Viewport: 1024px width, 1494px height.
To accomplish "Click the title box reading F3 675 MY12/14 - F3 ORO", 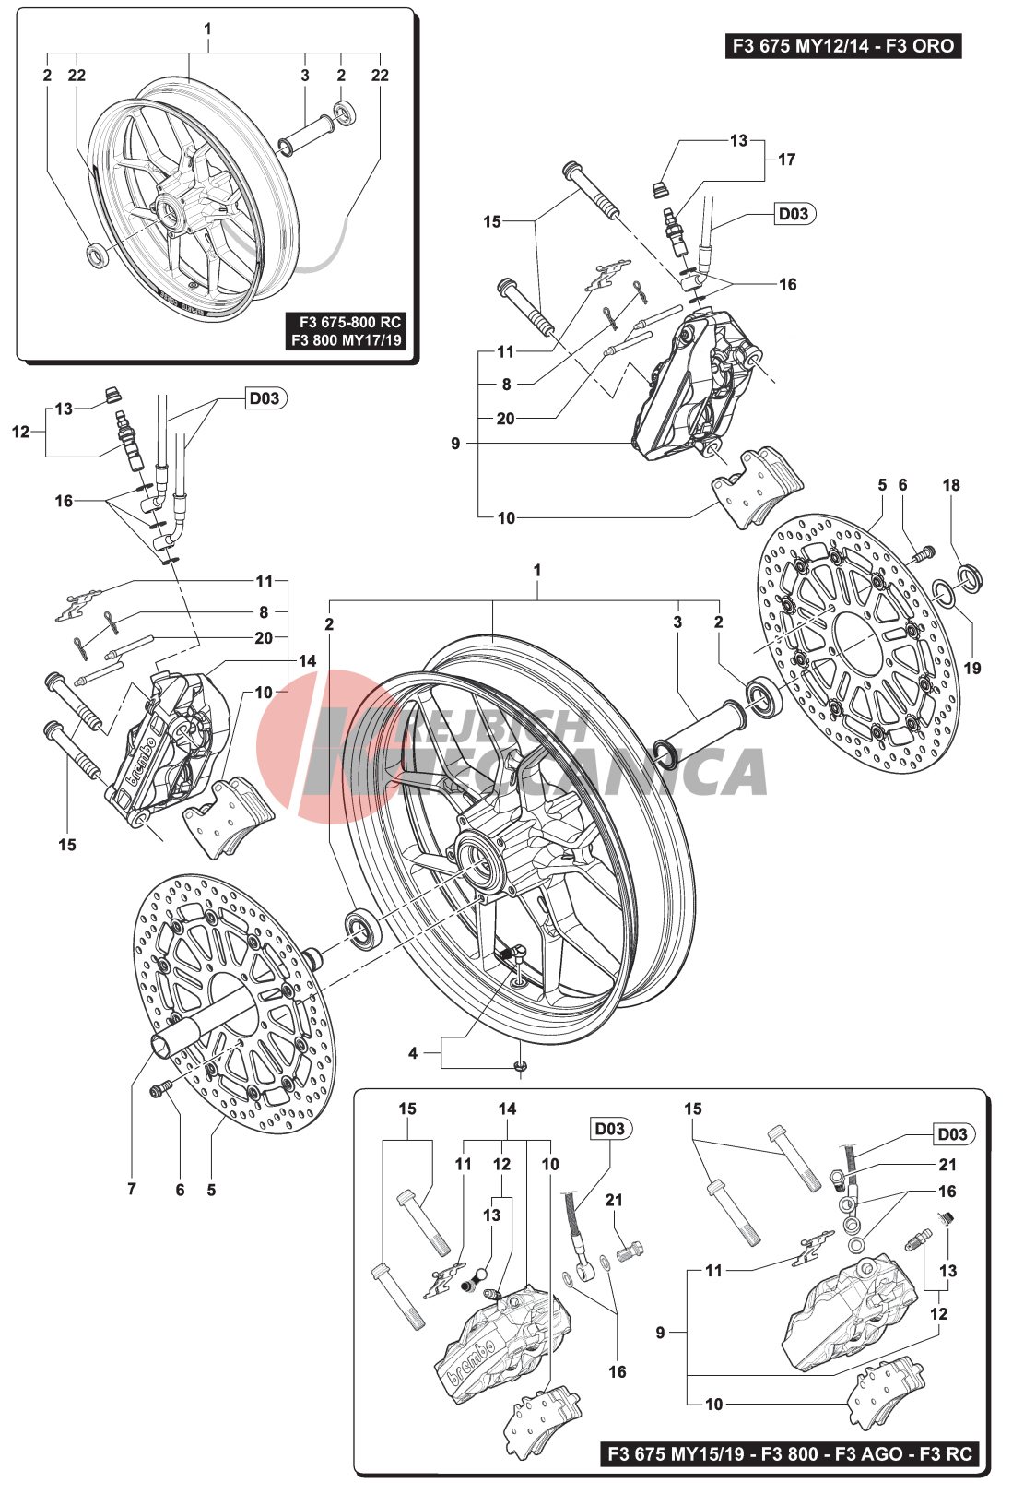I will pyautogui.click(x=843, y=46).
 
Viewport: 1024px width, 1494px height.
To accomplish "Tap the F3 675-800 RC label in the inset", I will pyautogui.click(x=349, y=322).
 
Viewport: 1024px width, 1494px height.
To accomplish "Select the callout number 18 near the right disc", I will pyautogui.click(x=951, y=485).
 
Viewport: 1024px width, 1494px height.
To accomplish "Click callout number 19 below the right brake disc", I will pyautogui.click(x=972, y=668).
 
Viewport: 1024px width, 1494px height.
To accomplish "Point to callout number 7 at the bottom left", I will pyautogui.click(x=132, y=1189).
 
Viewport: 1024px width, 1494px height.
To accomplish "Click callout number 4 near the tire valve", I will pyautogui.click(x=413, y=1053).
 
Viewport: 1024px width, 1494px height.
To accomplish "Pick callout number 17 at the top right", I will pyautogui.click(x=786, y=160).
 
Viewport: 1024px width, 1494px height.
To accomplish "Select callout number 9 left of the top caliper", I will pyautogui.click(x=455, y=444).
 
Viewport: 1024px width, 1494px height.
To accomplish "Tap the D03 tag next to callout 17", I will pyautogui.click(x=794, y=214).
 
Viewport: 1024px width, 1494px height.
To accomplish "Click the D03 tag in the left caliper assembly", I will pyautogui.click(x=265, y=398).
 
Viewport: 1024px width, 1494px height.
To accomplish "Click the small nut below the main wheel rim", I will pyautogui.click(x=521, y=1067).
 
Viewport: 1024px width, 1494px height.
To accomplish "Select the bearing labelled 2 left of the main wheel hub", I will pyautogui.click(x=364, y=928).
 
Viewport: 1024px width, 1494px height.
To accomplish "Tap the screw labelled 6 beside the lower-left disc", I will pyautogui.click(x=162, y=1090).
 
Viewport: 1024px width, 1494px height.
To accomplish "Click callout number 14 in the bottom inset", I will pyautogui.click(x=507, y=1109).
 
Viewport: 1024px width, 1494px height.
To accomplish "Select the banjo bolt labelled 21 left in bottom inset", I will pyautogui.click(x=630, y=1252).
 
